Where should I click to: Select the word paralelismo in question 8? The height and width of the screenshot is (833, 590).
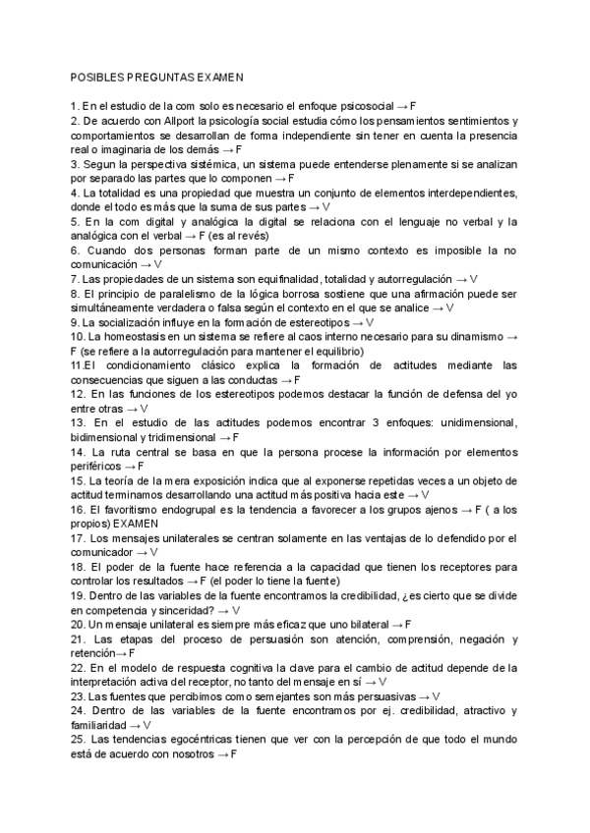pos(172,294)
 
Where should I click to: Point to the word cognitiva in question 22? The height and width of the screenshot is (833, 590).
pos(239,667)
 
